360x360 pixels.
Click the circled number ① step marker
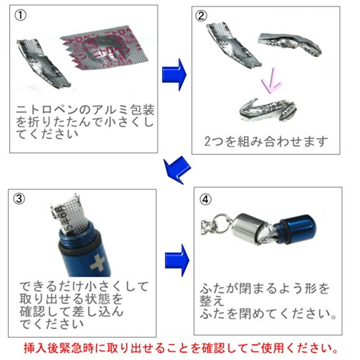(x=21, y=16)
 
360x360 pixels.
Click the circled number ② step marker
(x=201, y=16)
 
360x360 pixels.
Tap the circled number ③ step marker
(x=19, y=199)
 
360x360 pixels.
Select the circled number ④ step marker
(x=205, y=199)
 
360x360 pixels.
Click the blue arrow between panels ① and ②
(x=174, y=75)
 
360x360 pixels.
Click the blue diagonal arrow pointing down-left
(x=177, y=170)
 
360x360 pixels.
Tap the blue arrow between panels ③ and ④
(x=177, y=261)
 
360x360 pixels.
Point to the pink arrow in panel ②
(x=271, y=81)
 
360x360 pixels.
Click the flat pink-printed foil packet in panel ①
(x=106, y=48)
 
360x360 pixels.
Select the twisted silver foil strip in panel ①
(x=43, y=63)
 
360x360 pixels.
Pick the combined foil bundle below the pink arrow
(x=268, y=110)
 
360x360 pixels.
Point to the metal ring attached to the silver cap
(x=221, y=223)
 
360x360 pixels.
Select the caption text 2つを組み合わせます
(x=266, y=141)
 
